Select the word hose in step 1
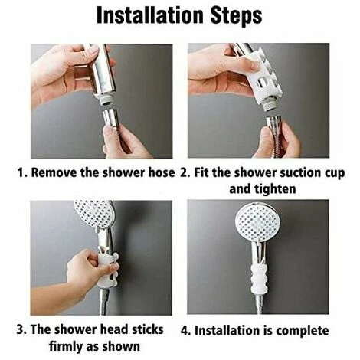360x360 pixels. click(x=160, y=172)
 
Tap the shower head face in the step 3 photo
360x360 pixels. click(x=93, y=218)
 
